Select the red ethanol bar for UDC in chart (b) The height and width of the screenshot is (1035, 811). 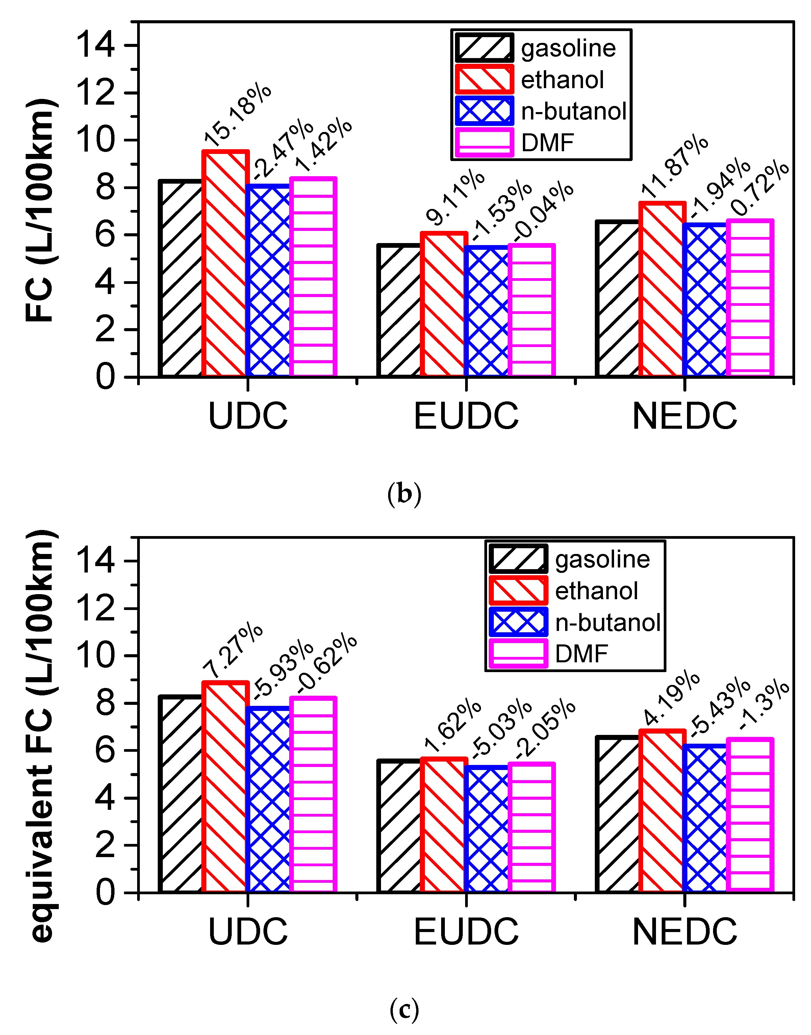coord(225,263)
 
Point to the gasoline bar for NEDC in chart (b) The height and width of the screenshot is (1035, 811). coord(617,299)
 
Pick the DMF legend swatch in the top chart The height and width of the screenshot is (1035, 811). coord(484,142)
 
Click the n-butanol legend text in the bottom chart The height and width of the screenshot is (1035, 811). coord(608,622)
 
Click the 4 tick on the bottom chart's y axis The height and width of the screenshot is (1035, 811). coord(104,798)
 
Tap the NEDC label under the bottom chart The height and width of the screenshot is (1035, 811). coord(684,932)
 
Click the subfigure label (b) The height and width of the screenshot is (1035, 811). coord(404,494)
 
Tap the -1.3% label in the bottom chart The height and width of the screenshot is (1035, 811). coord(764,705)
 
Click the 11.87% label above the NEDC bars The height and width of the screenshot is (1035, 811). coord(674,166)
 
